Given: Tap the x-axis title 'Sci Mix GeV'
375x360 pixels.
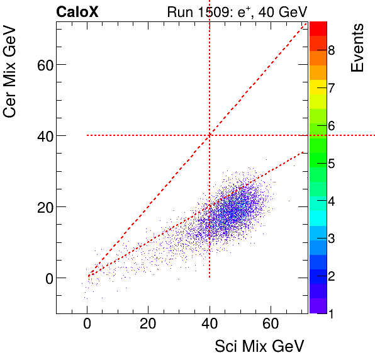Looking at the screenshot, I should (x=259, y=346).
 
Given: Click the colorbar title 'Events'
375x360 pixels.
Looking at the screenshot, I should (x=357, y=48).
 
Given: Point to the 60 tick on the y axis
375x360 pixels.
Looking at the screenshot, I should (x=39, y=65).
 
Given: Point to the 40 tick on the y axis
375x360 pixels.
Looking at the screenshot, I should (x=39, y=136).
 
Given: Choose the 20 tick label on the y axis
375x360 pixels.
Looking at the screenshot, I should (x=39, y=207).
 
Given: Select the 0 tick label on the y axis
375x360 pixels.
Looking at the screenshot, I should (x=44, y=278).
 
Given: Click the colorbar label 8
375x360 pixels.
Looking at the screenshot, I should (x=331, y=50).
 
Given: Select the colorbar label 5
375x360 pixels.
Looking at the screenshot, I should (x=331, y=164).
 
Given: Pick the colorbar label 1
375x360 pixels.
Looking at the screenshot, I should (x=331, y=314).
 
